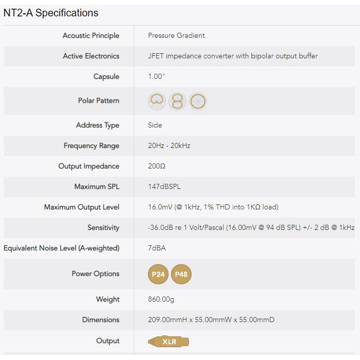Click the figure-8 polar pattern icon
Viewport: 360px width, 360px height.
178,101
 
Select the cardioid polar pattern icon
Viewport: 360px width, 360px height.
158,101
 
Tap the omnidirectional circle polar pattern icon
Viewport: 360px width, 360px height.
198,101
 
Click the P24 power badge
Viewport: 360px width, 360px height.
158,274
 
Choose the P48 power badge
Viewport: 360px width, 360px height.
181,274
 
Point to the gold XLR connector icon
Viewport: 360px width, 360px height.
168,341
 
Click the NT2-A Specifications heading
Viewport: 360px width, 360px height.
51,13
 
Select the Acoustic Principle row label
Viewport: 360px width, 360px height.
91,36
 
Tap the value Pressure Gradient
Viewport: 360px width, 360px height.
176,36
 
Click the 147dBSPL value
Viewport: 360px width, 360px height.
165,187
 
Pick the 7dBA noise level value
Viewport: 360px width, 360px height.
157,248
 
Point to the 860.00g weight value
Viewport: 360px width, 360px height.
161,300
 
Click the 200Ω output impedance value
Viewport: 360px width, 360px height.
157,166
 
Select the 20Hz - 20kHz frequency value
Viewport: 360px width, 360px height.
169,146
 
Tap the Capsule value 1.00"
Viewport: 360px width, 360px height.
157,77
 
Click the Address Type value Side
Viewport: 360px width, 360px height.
155,125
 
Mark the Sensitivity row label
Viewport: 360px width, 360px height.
103,228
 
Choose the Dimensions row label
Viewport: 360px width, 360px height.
100,320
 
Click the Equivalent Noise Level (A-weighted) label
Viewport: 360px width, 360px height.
61,248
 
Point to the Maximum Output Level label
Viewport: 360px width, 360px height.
81,207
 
